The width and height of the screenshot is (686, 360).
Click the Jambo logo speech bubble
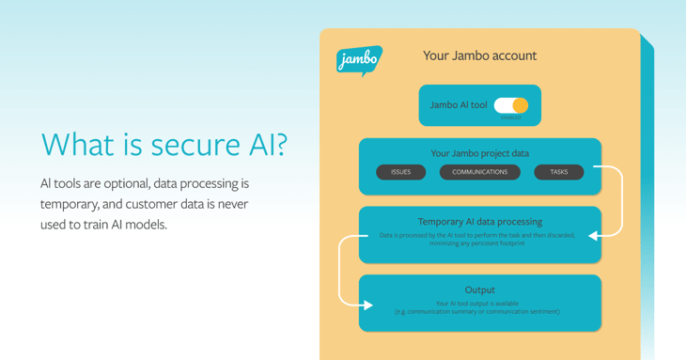358,60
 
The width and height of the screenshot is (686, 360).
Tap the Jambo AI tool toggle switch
511,105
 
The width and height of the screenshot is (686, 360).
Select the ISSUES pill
400,172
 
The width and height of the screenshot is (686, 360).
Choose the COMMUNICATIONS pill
479,172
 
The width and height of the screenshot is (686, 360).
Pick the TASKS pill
559,172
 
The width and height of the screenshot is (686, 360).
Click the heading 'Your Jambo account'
479,55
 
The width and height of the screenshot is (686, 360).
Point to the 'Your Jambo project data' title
479,153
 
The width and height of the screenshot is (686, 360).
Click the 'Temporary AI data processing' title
479,222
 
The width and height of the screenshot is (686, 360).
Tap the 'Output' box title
479,290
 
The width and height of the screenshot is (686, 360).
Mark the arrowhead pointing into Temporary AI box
593,235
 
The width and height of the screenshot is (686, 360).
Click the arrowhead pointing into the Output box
368,305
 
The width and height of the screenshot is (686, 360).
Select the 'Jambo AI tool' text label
458,105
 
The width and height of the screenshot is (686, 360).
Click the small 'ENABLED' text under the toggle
510,117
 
